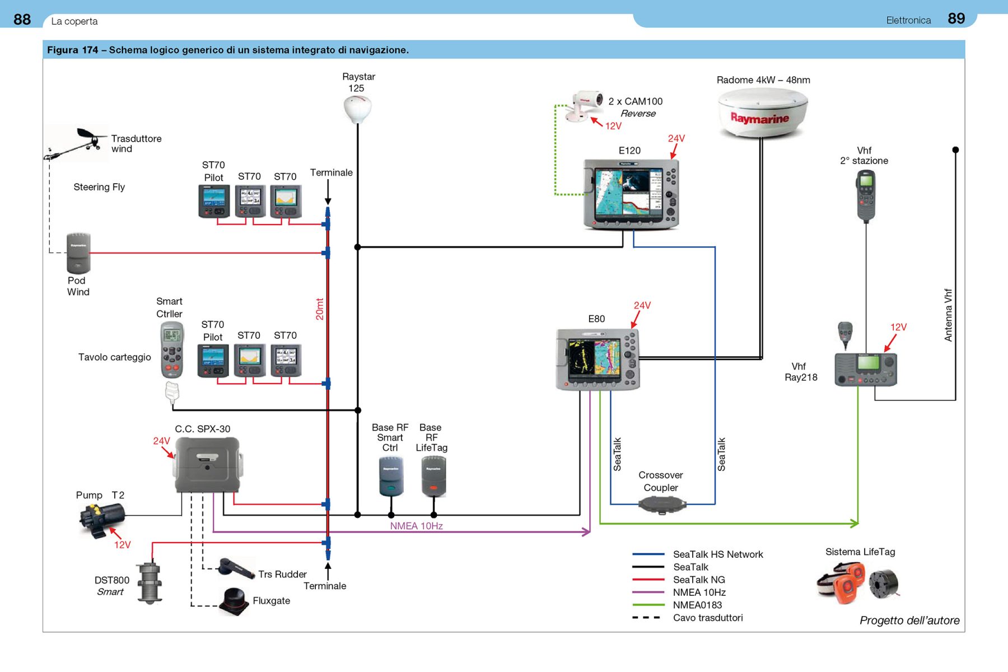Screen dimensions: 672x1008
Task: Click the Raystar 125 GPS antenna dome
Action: coord(357,108)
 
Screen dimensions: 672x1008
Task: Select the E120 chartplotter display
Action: coord(631,194)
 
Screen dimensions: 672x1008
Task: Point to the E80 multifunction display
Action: coord(597,359)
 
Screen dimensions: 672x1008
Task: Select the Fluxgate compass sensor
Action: coord(235,601)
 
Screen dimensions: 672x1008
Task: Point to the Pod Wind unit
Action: coord(78,253)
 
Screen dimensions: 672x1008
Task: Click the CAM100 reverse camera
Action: coord(584,105)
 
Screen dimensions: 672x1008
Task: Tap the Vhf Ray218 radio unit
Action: coord(865,369)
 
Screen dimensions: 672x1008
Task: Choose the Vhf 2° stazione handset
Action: coord(866,195)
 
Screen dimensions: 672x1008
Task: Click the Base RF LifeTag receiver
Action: coord(433,477)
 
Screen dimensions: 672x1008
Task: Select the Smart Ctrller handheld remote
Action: coord(171,351)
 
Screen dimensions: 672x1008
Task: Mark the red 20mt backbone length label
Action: coord(320,309)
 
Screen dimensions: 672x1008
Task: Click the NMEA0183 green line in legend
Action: coord(648,605)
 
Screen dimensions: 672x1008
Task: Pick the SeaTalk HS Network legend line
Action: coord(648,554)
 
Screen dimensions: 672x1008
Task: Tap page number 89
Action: coord(956,18)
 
